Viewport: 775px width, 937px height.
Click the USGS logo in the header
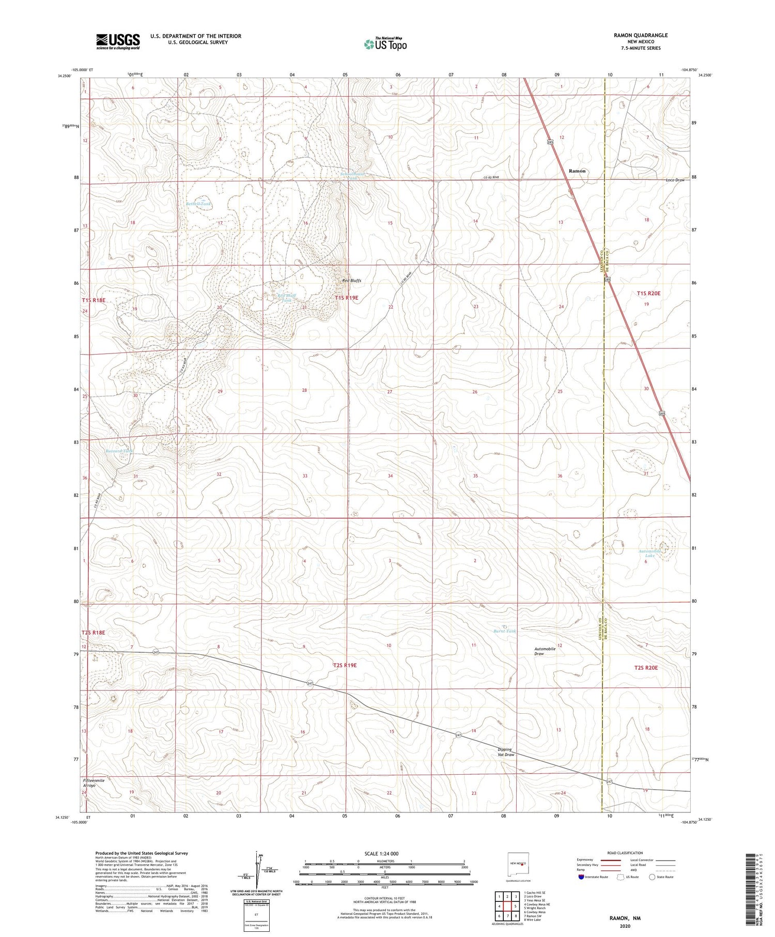click(117, 41)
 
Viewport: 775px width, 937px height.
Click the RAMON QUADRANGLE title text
click(640, 35)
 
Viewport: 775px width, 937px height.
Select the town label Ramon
click(577, 171)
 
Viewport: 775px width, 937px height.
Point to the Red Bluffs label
click(352, 281)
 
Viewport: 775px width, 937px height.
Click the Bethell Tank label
click(198, 204)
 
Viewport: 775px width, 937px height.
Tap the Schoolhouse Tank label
click(353, 176)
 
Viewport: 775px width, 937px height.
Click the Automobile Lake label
click(649, 553)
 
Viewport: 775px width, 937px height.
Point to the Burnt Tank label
click(504, 631)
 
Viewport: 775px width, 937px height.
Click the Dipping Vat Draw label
click(506, 752)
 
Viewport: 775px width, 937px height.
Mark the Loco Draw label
click(675, 180)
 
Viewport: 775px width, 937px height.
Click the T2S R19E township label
click(345, 665)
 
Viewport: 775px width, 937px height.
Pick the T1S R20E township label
click(648, 293)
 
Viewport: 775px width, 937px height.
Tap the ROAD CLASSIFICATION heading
click(625, 853)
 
